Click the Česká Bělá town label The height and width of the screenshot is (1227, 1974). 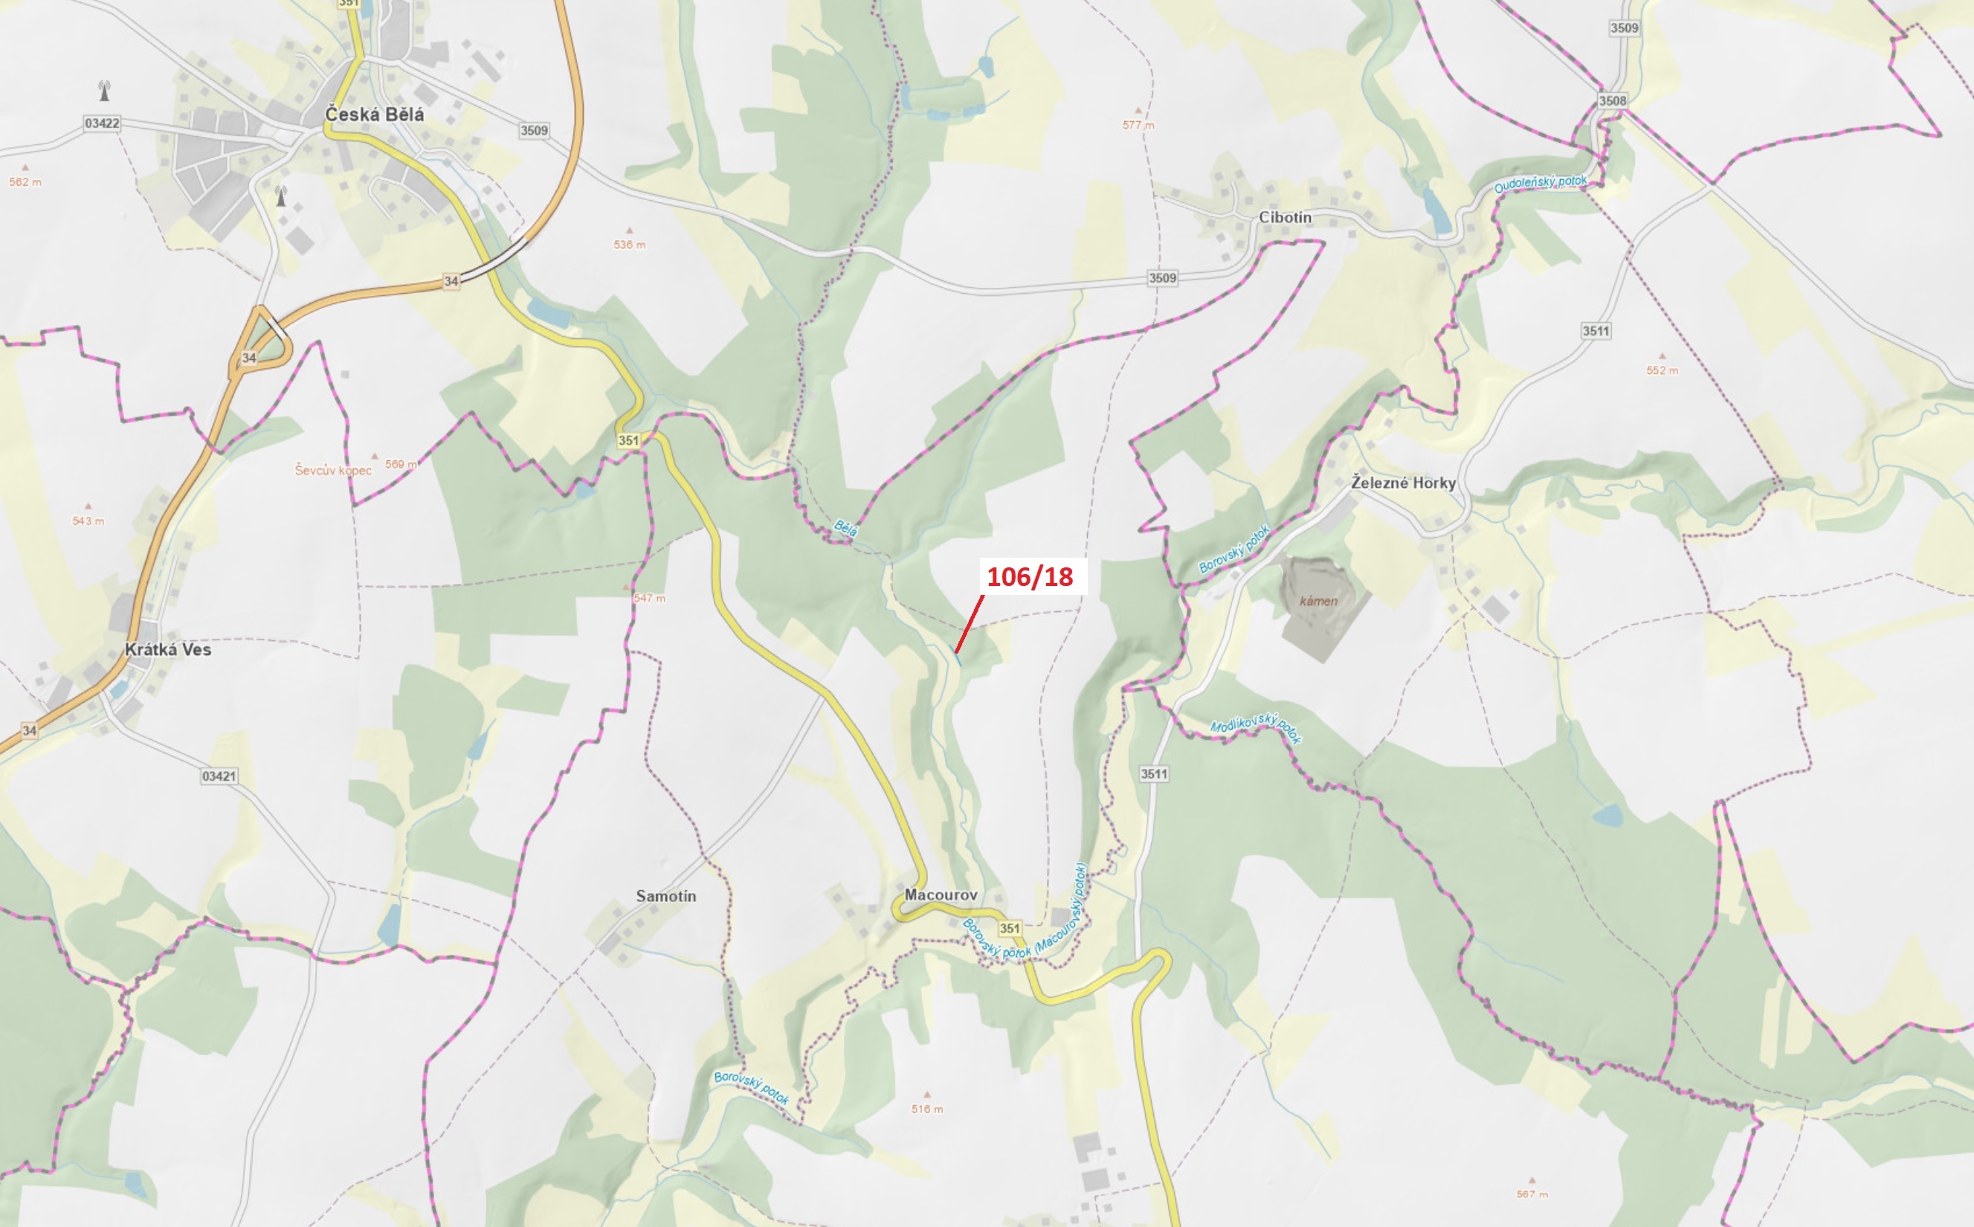(374, 115)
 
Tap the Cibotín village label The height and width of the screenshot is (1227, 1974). (1284, 217)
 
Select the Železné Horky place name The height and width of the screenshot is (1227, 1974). (1403, 483)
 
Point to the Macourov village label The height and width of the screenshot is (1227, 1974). (941, 895)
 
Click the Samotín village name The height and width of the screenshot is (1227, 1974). (665, 896)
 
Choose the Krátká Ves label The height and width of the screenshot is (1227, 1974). (168, 649)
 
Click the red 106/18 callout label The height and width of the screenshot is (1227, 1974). (1030, 576)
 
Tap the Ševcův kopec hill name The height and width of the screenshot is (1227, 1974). (332, 470)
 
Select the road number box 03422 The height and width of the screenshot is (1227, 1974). (101, 123)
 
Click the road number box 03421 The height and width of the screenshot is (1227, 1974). (219, 776)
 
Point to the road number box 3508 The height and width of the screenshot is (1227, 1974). (1612, 100)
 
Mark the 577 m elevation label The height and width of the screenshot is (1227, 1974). (1138, 125)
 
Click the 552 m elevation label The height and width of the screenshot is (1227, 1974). (1662, 370)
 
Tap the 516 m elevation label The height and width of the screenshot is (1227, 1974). (926, 1109)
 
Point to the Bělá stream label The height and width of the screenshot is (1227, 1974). (845, 529)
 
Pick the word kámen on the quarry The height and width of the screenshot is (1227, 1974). (1317, 602)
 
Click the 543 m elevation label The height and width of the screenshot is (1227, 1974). (88, 521)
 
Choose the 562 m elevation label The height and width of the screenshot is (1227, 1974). (25, 181)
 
